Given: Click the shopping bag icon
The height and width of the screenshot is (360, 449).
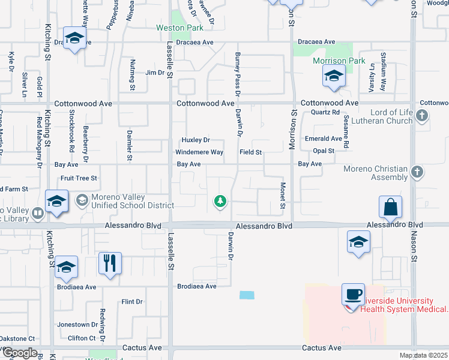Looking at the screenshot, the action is pyautogui.click(x=390, y=207).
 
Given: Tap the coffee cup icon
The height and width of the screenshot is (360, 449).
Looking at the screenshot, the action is pyautogui.click(x=353, y=295).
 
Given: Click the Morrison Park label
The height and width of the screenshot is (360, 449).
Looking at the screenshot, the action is pyautogui.click(x=331, y=61).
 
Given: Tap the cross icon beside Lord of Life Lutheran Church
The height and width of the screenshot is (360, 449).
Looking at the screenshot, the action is pyautogui.click(x=422, y=116).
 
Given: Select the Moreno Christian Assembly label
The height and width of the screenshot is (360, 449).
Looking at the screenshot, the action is pyautogui.click(x=375, y=173).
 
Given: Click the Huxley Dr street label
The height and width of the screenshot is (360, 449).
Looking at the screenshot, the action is pyautogui.click(x=196, y=140).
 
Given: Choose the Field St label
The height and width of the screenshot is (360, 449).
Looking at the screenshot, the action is pyautogui.click(x=251, y=152).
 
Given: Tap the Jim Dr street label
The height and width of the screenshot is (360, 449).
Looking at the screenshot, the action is pyautogui.click(x=154, y=73).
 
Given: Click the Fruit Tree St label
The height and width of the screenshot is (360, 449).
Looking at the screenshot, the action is pyautogui.click(x=79, y=178).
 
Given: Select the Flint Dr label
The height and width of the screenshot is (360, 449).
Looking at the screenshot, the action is pyautogui.click(x=131, y=302).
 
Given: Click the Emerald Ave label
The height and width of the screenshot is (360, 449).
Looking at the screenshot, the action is pyautogui.click(x=323, y=139).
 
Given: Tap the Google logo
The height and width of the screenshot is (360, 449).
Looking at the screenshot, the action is pyautogui.click(x=19, y=353).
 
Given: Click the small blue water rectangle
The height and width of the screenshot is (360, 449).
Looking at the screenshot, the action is pyautogui.click(x=246, y=295).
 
